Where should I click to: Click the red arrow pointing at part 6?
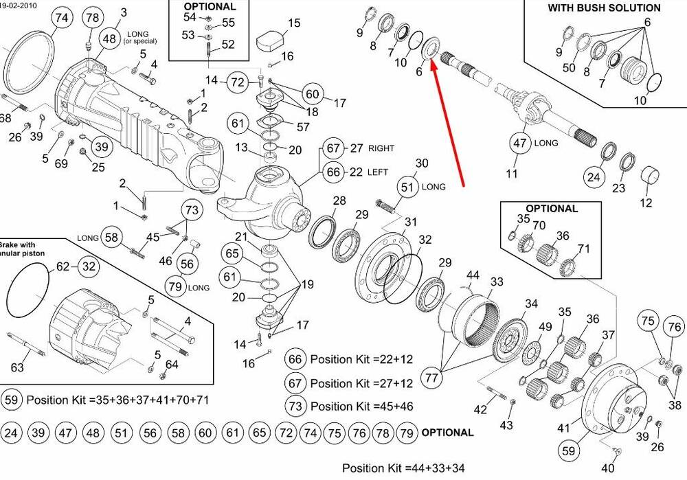coord(449,124)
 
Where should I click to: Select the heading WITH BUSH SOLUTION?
coord(604,8)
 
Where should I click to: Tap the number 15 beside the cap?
coord(294,23)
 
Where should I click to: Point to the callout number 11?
coord(512,174)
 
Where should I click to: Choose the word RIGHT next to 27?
coord(381,148)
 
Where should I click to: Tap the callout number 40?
coord(608,468)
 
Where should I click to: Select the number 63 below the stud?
coord(17,367)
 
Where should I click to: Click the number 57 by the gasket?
coord(303,127)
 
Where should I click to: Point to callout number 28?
coord(339,201)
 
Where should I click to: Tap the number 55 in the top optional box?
coord(228,23)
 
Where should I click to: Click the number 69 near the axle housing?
coord(61,163)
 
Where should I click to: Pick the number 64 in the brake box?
coord(172,364)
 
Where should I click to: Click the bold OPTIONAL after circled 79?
coord(447,433)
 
